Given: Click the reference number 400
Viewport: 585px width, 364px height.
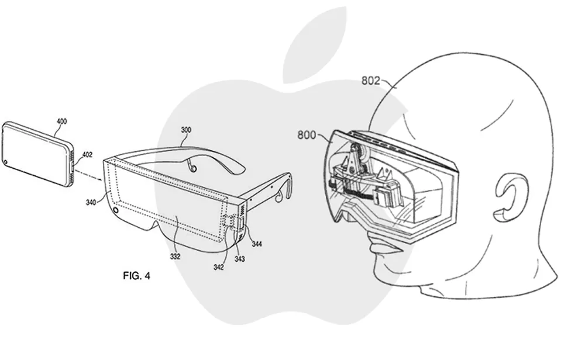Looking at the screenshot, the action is (61, 121).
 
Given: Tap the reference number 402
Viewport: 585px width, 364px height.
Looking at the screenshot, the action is (87, 155).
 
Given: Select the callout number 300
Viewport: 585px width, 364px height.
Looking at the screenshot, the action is (186, 130).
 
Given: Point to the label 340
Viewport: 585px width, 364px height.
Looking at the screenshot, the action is (91, 202).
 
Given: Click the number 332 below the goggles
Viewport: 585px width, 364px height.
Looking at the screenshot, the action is (175, 256).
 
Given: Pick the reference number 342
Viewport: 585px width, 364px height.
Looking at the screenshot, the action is (219, 267).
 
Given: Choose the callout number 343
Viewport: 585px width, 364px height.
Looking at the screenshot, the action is (239, 259).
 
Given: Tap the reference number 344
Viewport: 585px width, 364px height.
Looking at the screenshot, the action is (257, 244).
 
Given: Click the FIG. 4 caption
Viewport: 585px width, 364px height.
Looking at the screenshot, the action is (136, 276).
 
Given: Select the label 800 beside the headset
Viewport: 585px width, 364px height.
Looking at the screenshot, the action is (307, 135).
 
